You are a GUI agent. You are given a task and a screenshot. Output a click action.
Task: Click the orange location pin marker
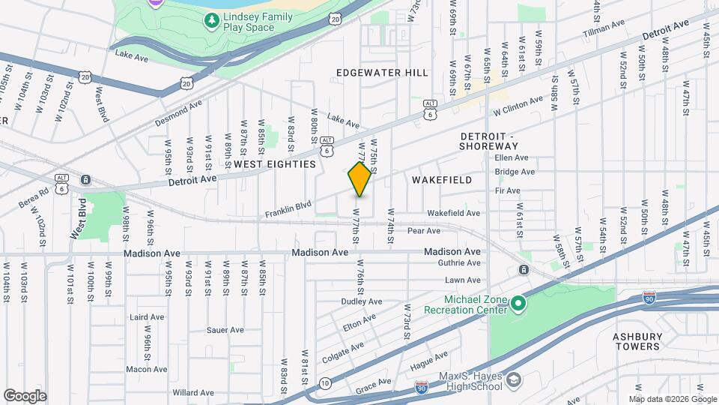coord(360,179)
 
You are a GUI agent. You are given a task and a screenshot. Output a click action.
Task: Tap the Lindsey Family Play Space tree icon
coord(213,20)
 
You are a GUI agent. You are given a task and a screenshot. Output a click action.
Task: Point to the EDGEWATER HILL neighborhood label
coord(382,73)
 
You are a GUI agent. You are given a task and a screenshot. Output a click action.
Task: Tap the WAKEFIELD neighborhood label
coord(442,180)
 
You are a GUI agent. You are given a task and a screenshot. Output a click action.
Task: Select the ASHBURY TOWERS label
coord(637,341)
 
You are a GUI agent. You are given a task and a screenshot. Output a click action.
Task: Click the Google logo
coord(25,395)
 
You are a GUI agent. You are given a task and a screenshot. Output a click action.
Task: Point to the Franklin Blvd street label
coord(288,209)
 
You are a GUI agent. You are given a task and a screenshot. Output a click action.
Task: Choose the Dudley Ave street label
coord(361,301)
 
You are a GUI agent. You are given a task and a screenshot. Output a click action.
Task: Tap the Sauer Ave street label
coord(225,329)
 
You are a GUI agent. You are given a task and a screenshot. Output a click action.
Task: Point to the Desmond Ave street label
coord(179,112)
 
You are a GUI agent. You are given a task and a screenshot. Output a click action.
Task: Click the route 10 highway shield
coord(324,383)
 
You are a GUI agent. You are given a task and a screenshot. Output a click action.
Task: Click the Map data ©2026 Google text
coord(672,399)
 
